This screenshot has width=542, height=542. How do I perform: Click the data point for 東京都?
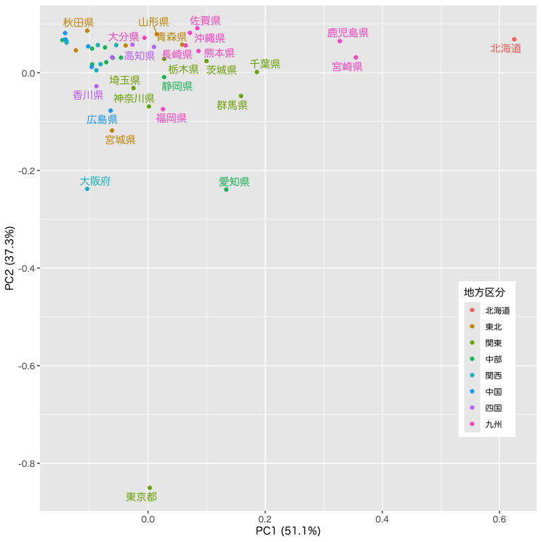pos(150,488)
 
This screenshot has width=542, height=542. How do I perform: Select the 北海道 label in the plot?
pos(506,49)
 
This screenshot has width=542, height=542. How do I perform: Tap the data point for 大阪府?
pos(87,188)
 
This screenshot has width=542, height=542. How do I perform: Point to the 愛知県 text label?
pos(234,182)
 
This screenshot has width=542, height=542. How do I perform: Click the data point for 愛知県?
pos(226,189)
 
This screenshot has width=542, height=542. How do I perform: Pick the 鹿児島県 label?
pos(348,33)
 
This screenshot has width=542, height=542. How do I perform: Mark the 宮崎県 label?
pos(348,66)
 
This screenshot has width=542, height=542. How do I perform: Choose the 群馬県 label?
pos(232,105)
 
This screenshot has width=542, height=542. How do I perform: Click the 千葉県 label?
pos(265,64)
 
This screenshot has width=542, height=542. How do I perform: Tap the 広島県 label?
pos(102,119)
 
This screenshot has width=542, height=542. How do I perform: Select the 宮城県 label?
pos(121,140)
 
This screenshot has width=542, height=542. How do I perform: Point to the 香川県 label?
pos(88,95)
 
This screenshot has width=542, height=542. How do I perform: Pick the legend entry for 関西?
pos(493,375)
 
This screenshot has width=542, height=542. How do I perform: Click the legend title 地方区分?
pos(484,293)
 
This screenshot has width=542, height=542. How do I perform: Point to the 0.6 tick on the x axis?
pos(499,518)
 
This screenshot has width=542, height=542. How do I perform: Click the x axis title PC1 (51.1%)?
pos(288,531)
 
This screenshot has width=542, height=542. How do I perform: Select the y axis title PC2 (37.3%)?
pos(10,259)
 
